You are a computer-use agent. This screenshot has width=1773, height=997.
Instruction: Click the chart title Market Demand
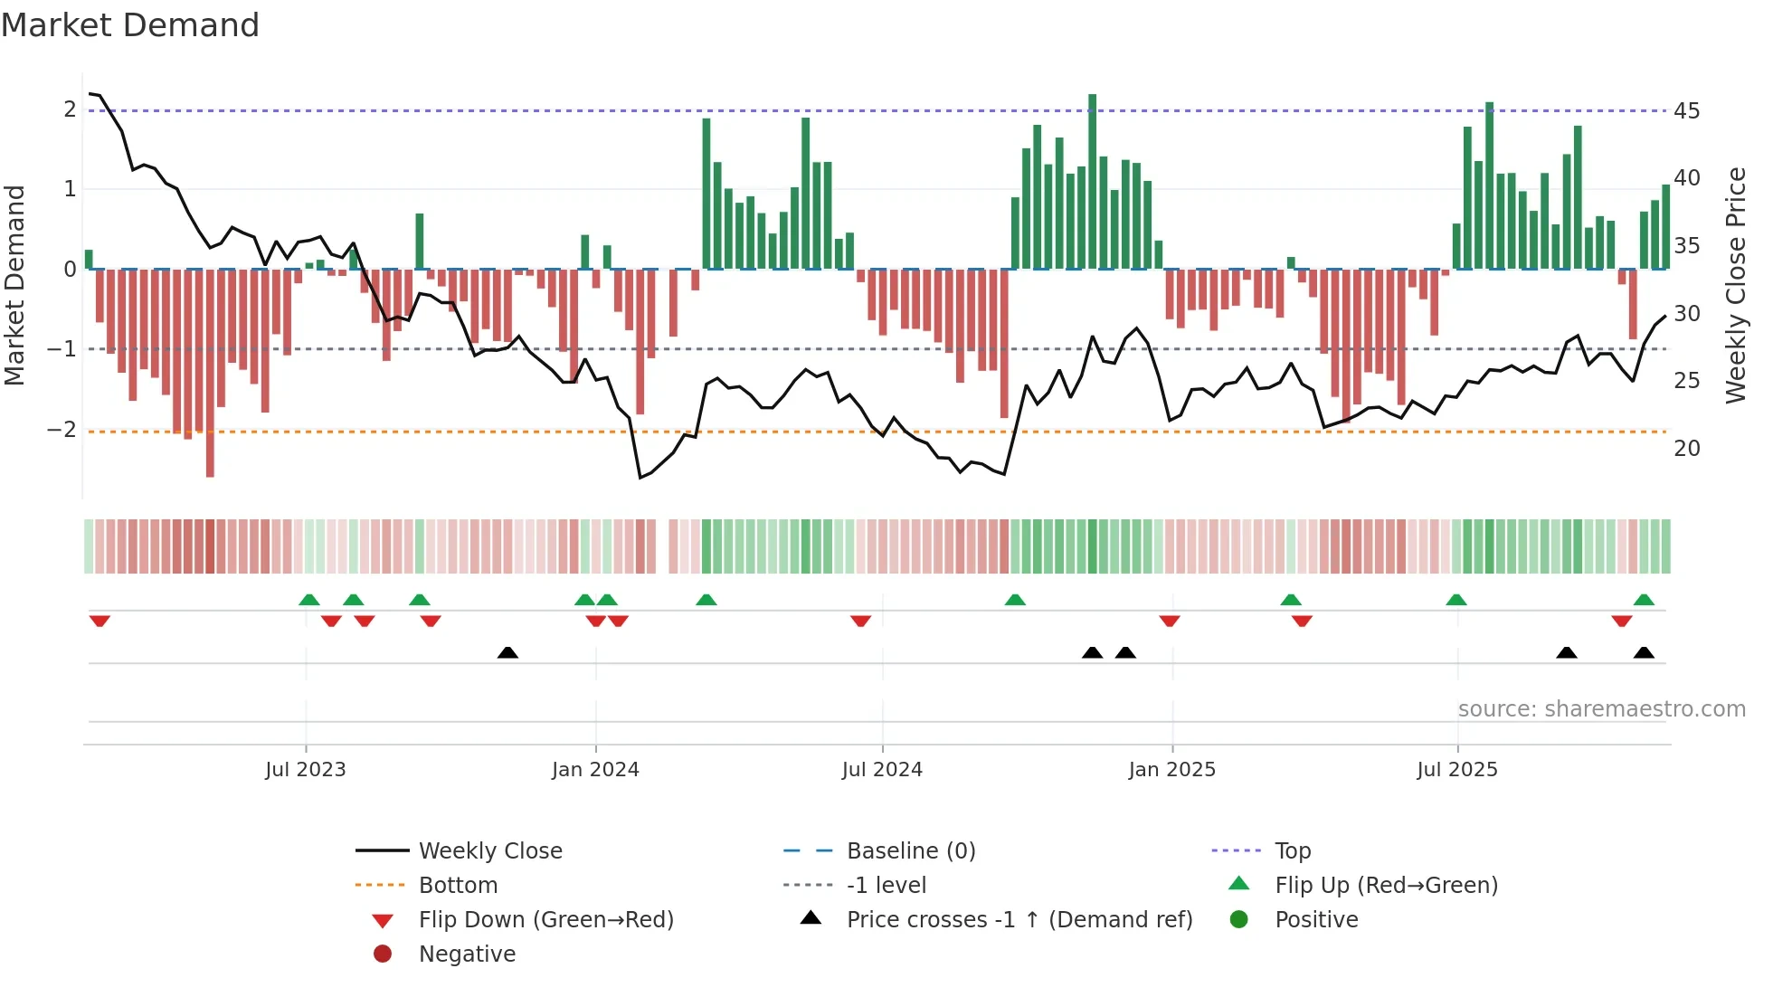pos(130,25)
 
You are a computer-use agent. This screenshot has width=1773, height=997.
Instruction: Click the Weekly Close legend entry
pos(489,850)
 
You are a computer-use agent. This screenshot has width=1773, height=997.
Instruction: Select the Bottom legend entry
pos(458,885)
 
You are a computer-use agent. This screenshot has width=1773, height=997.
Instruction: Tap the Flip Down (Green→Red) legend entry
pos(545,919)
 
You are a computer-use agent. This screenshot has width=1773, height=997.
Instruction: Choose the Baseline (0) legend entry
pos(910,850)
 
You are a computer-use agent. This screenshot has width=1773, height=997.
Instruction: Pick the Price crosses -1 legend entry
pos(1019,919)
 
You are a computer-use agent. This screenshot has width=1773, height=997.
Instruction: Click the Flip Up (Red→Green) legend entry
pos(1386,885)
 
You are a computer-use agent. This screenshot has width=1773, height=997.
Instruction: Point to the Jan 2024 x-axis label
pos(595,769)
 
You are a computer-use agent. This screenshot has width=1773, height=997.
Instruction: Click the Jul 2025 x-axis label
pos(1456,769)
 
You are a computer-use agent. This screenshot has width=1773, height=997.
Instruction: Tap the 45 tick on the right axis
pos(1686,110)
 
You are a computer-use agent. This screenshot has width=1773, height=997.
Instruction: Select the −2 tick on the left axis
pos(62,429)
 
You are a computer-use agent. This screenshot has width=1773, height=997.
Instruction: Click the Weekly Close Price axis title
pos(1735,285)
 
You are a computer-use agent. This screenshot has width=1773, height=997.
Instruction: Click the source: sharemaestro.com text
pos(1601,708)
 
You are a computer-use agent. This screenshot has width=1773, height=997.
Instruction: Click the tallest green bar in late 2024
pos(1092,181)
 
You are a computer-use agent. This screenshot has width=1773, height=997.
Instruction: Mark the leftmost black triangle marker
pos(507,652)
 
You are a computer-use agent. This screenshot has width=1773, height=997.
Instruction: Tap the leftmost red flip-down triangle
pos(100,621)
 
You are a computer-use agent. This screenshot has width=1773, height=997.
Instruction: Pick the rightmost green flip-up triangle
pos(1644,600)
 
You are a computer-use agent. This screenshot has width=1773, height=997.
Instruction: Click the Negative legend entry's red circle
pos(383,954)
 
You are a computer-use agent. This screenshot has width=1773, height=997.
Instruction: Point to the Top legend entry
pos(1292,850)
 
